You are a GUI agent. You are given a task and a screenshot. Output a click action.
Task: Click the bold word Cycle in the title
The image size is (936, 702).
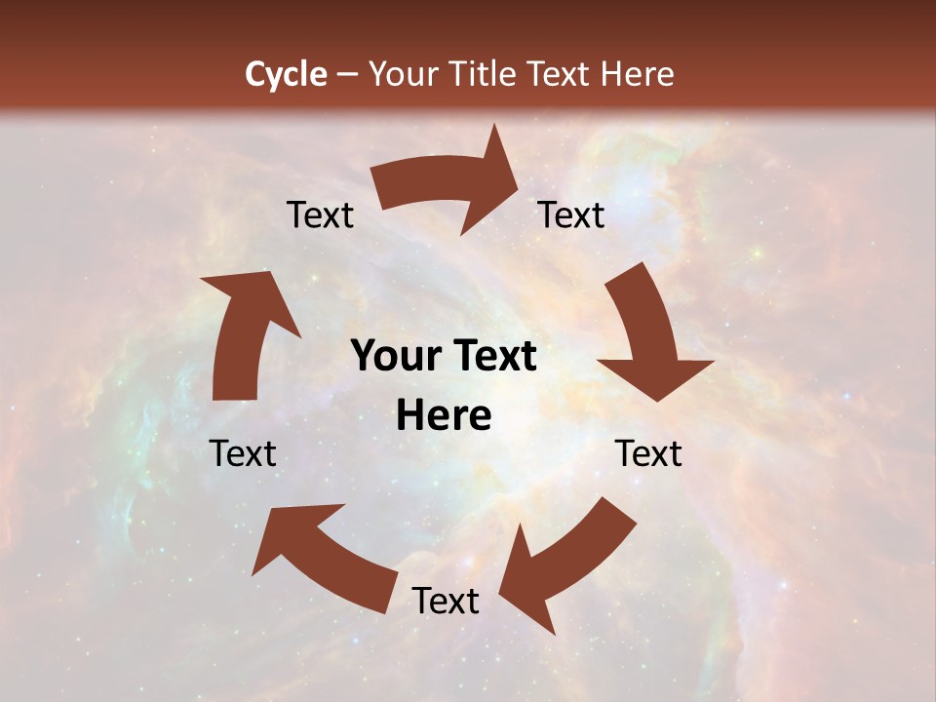point(286,74)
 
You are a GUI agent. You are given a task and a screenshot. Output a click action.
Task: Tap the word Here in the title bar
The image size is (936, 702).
point(635,74)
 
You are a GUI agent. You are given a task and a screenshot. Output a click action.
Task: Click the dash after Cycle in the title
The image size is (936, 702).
point(347,74)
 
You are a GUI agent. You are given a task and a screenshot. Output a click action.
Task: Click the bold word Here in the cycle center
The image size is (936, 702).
point(445,416)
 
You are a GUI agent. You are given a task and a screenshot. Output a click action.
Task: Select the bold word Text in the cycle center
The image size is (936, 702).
point(493,356)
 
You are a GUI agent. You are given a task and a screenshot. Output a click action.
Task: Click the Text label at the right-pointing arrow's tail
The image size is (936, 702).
point(320,214)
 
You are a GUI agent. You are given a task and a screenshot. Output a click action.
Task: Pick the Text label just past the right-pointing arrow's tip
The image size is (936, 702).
point(571,214)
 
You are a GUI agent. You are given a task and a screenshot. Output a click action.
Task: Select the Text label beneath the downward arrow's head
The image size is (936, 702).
point(648,453)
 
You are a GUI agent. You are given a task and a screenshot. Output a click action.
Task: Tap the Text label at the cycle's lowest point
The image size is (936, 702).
point(446,601)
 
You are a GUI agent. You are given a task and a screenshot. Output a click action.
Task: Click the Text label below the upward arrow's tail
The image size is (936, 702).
point(243,453)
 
